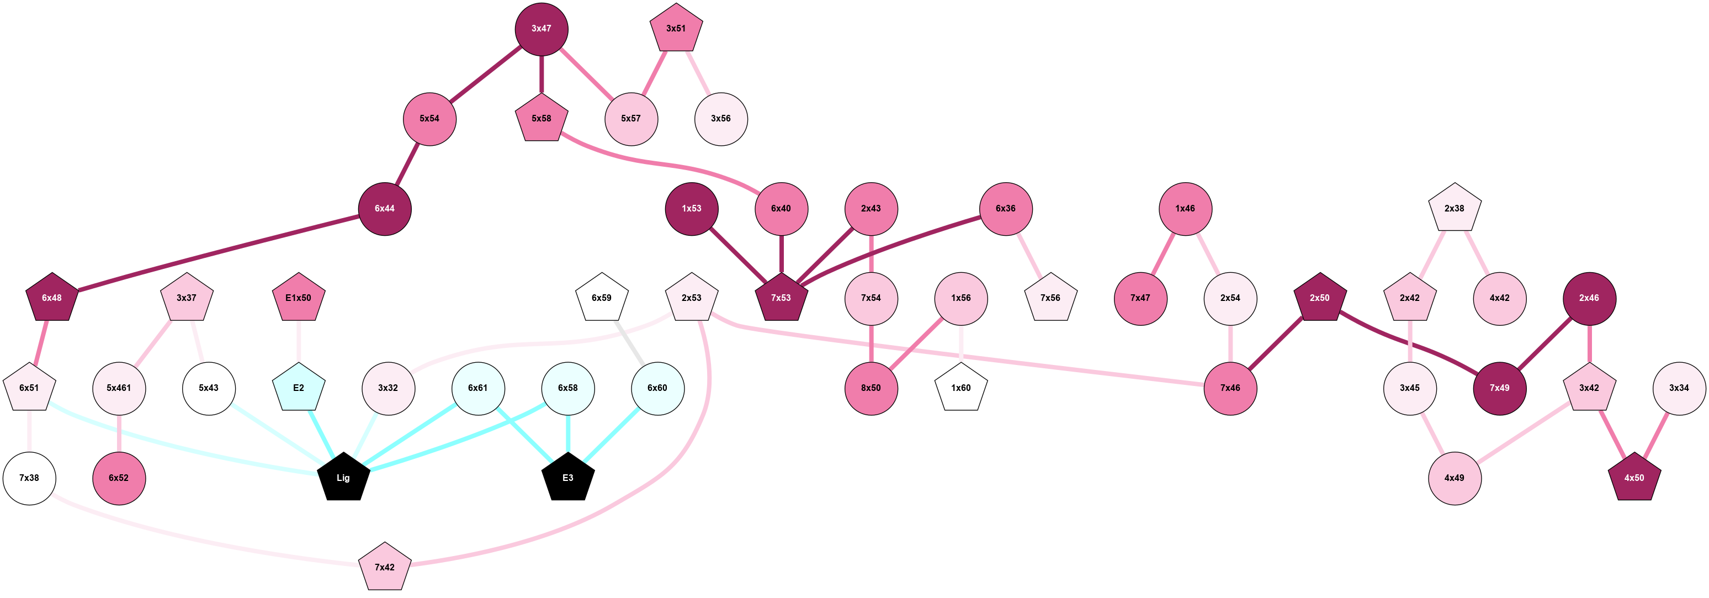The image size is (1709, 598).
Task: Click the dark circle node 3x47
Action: (x=542, y=29)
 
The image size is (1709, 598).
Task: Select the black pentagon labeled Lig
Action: (x=343, y=477)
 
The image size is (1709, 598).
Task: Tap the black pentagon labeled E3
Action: (x=568, y=477)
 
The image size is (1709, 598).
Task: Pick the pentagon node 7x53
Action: (x=781, y=298)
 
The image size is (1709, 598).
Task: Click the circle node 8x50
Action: (x=871, y=388)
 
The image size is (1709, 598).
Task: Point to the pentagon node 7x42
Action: (x=385, y=567)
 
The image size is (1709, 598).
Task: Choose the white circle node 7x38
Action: (x=29, y=478)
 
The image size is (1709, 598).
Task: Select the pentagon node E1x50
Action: (x=299, y=298)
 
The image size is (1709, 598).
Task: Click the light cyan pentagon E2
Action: (x=299, y=388)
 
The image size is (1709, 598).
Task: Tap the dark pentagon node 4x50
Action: (x=1634, y=477)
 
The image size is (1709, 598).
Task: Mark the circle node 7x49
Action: (x=1499, y=388)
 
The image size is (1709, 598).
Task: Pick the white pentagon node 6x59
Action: (x=602, y=298)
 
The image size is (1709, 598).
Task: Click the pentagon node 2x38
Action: (x=1454, y=208)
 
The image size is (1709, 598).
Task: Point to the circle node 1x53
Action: (x=691, y=208)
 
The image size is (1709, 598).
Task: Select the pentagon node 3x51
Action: (x=676, y=29)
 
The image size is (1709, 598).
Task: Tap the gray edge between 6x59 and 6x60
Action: (x=630, y=342)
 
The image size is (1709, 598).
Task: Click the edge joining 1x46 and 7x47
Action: (x=1163, y=253)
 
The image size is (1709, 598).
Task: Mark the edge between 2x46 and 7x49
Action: (x=1545, y=343)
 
